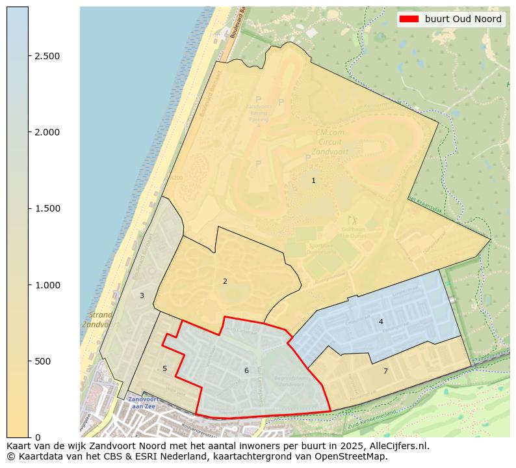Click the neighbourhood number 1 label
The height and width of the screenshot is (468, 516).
[313, 180]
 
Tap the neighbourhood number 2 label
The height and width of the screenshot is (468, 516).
[225, 281]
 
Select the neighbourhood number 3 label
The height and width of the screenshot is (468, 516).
[142, 296]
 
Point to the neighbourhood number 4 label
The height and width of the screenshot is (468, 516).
[381, 322]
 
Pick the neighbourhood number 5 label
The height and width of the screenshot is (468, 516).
[164, 368]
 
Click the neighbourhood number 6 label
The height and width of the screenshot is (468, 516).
[246, 370]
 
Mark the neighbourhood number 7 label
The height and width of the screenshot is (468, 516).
[385, 371]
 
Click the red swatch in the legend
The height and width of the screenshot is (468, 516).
[409, 19]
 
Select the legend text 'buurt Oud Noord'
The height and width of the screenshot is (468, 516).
[463, 19]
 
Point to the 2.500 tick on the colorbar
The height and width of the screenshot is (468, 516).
[47, 56]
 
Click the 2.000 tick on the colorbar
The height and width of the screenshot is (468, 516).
[47, 132]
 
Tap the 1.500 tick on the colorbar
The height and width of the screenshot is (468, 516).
[47, 208]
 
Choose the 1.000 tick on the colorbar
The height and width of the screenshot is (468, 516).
[47, 285]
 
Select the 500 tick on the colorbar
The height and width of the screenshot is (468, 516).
[43, 361]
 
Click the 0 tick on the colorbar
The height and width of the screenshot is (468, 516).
[38, 437]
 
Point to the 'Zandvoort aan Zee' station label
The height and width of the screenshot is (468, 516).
[142, 402]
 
